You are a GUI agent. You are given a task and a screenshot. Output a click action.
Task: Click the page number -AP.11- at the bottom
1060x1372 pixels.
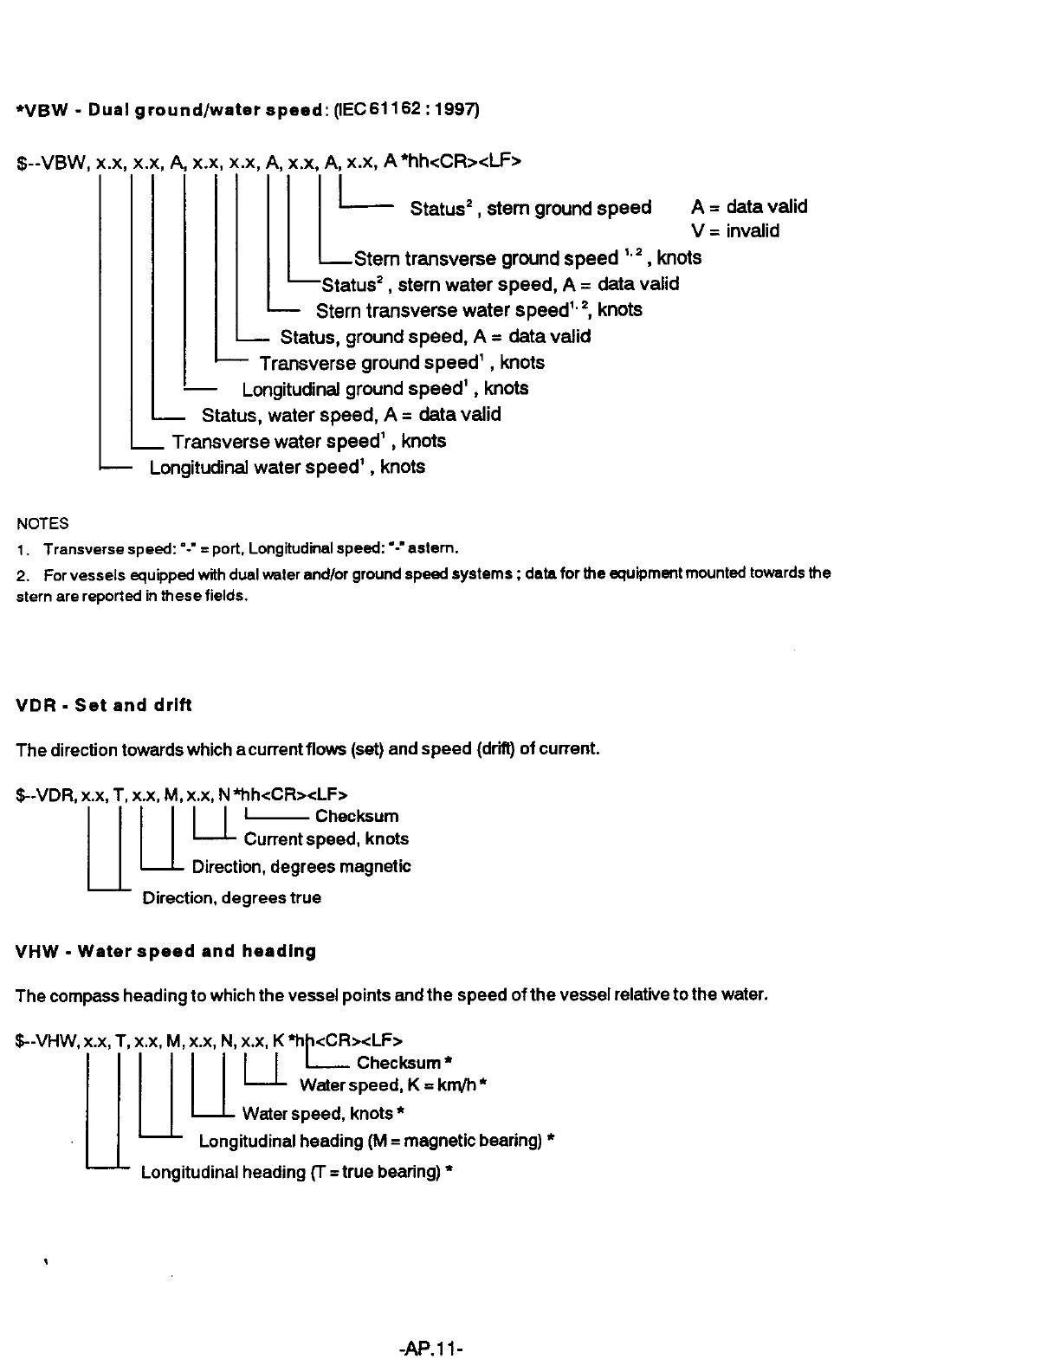coord(433,1349)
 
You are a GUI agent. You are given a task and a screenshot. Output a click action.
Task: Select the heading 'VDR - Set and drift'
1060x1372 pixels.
coord(104,705)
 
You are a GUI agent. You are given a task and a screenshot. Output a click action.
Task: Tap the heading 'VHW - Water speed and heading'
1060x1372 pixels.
coord(166,951)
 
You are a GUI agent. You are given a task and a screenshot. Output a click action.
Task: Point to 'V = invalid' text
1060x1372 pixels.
coord(735,230)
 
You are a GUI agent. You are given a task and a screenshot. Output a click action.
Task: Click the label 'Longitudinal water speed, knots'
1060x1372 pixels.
coord(288,468)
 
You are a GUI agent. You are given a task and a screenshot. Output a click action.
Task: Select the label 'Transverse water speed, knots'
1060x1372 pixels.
coord(309,442)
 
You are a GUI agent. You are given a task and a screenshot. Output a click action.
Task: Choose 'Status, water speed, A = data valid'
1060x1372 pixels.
coord(351,415)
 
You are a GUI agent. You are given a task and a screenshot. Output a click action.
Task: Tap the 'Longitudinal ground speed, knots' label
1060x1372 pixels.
coord(385,389)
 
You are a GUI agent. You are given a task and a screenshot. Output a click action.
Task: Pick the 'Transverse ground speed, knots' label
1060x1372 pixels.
coord(402,363)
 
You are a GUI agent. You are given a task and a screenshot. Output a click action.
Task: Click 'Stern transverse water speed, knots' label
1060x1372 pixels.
coord(479,310)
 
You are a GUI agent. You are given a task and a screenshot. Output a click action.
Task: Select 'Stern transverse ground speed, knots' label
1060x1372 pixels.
coord(527,258)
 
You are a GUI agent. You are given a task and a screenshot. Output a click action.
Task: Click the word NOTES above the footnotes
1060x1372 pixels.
coord(42,523)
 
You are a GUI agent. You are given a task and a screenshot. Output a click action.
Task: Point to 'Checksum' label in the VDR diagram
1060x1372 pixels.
coord(357,816)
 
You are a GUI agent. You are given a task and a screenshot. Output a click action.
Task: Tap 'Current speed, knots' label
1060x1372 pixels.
coord(326,838)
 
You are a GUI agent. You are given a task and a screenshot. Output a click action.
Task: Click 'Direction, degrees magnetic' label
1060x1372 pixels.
coord(301,866)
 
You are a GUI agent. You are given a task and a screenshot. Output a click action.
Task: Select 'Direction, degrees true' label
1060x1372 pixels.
coord(231,897)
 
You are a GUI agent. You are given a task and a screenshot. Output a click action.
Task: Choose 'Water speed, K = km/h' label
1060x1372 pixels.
coord(393,1084)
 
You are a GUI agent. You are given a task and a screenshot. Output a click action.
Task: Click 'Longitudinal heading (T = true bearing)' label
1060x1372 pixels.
coord(298,1172)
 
